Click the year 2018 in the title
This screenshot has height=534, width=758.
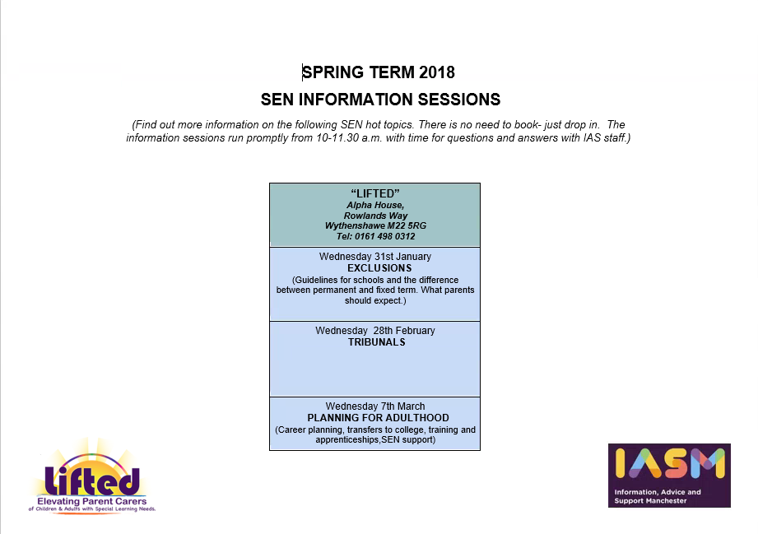tap(437, 72)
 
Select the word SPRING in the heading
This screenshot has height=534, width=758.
tap(333, 72)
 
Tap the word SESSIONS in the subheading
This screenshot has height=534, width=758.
tap(459, 100)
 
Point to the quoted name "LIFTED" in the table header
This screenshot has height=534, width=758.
tap(375, 194)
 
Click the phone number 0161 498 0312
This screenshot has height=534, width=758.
tap(385, 236)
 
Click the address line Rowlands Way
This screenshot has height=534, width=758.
tap(375, 216)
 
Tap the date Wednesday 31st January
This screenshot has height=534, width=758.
tap(375, 257)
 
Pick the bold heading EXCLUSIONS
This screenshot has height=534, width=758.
tap(379, 268)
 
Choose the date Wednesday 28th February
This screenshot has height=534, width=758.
tap(375, 331)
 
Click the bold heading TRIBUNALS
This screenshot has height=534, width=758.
tap(377, 342)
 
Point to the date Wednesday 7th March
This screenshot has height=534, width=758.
tap(375, 406)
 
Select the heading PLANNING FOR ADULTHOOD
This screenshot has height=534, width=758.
tap(378, 418)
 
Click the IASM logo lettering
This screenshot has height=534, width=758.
tap(670, 462)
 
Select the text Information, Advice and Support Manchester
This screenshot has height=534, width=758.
tap(658, 496)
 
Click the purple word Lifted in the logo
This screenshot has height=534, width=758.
tap(92, 480)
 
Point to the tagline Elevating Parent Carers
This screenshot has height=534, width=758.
tap(92, 502)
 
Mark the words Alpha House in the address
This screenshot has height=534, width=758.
tap(375, 205)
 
